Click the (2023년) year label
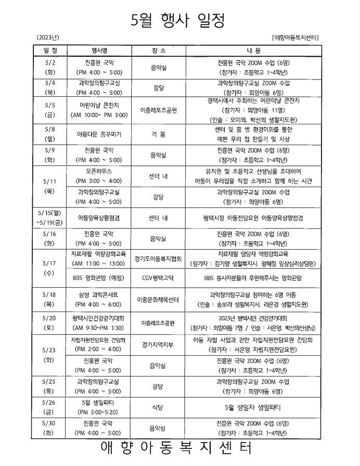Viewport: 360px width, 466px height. tap(48, 37)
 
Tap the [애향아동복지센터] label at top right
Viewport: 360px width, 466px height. tap(295, 38)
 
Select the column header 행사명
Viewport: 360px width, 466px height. tap(99, 50)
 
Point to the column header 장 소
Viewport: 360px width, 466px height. tap(158, 50)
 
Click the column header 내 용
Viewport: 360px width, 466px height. tap(254, 50)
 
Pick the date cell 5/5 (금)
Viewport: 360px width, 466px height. tap(50, 110)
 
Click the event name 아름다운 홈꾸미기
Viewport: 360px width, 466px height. tap(99, 134)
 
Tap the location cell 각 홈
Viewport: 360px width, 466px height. tap(158, 134)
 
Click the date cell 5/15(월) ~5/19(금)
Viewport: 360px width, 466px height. tap(50, 217)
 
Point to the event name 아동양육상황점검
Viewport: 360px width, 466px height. tap(99, 217)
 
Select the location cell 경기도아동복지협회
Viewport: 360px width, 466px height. tap(158, 258)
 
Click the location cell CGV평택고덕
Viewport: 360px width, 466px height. tap(158, 278)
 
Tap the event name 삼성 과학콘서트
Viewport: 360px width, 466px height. tap(99, 294)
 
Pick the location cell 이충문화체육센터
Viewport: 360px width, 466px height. tap(158, 300)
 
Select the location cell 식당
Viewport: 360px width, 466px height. tap(158, 407)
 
